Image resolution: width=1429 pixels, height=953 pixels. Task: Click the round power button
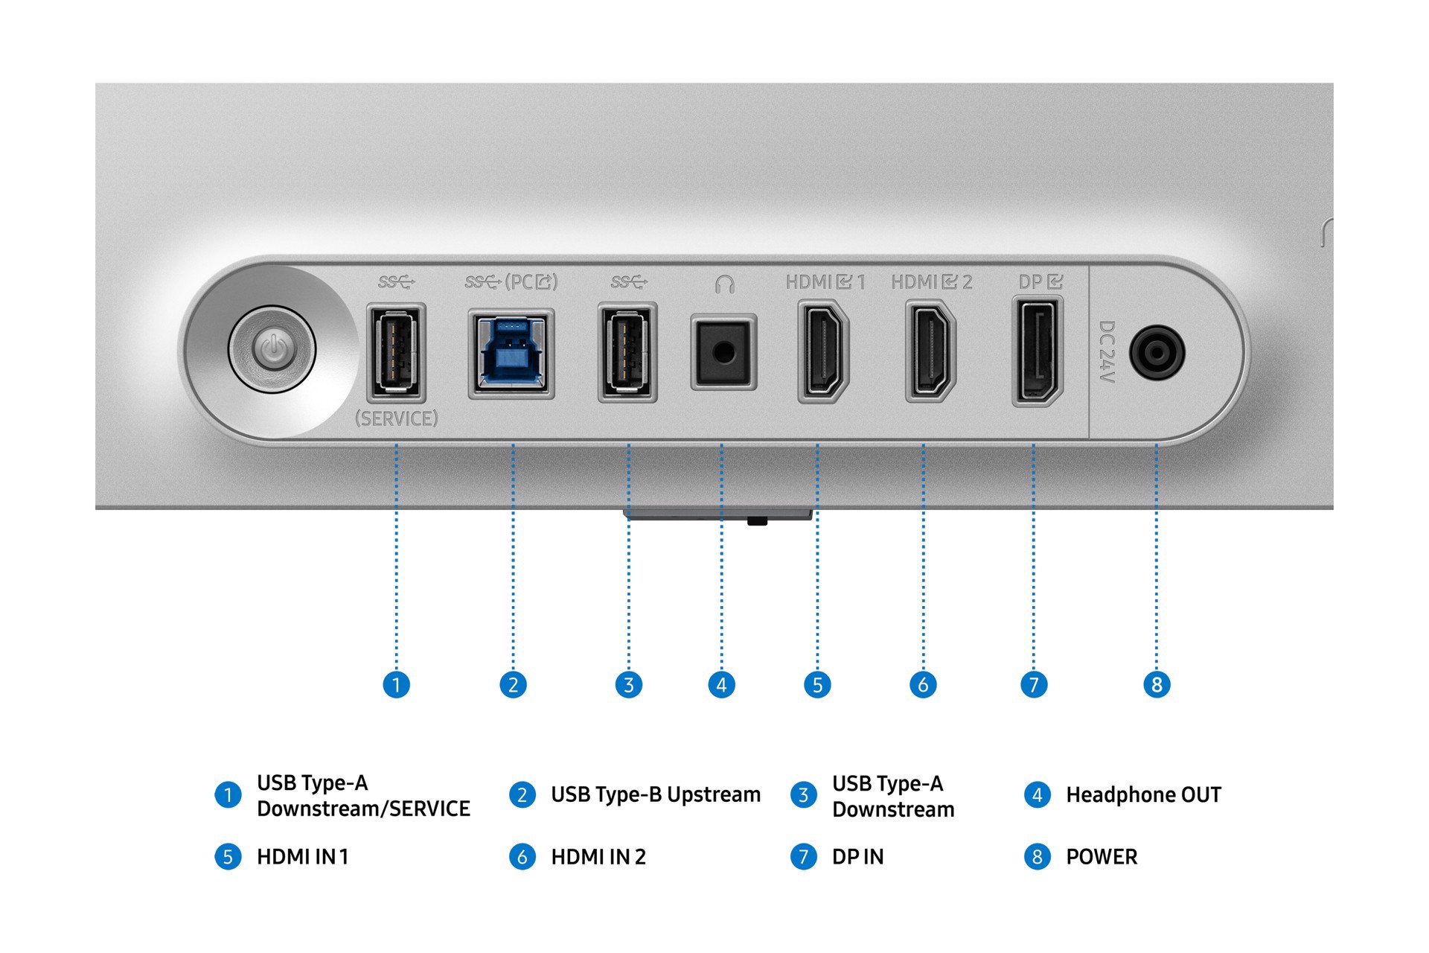(x=273, y=349)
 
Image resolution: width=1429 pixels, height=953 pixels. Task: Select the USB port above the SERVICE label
(x=396, y=352)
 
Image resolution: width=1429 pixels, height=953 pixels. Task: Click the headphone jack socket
(x=723, y=352)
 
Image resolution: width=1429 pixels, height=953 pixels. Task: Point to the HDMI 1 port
(x=822, y=351)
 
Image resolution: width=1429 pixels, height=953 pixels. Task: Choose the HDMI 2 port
(x=930, y=351)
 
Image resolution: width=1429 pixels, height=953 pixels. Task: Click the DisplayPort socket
(x=1037, y=351)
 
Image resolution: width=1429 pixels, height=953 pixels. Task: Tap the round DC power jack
(x=1157, y=353)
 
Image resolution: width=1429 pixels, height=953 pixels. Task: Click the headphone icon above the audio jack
(x=724, y=284)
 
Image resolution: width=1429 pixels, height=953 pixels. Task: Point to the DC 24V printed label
(x=1107, y=351)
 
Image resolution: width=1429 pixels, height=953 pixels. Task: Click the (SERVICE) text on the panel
(x=396, y=418)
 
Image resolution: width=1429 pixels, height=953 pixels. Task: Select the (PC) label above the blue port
(x=531, y=282)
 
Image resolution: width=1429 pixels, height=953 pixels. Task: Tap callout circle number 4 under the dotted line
(x=721, y=684)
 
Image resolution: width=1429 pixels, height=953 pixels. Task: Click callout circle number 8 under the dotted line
(x=1157, y=684)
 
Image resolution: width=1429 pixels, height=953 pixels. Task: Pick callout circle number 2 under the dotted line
(x=513, y=684)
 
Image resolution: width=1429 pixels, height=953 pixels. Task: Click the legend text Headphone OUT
(x=1143, y=795)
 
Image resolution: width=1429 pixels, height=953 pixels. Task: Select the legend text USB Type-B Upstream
(x=655, y=795)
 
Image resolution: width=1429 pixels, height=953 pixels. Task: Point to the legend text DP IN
(x=857, y=857)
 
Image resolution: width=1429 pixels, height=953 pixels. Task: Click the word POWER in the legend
(x=1102, y=857)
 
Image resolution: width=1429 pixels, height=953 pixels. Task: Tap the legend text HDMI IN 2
(x=598, y=857)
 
